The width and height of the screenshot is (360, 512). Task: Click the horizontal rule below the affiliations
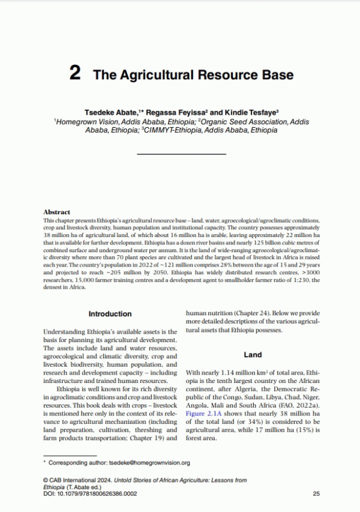click(x=181, y=154)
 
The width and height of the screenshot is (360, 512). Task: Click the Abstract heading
click(x=57, y=212)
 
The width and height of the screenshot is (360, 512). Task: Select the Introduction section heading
click(x=110, y=314)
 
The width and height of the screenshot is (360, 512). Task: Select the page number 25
click(x=316, y=493)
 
